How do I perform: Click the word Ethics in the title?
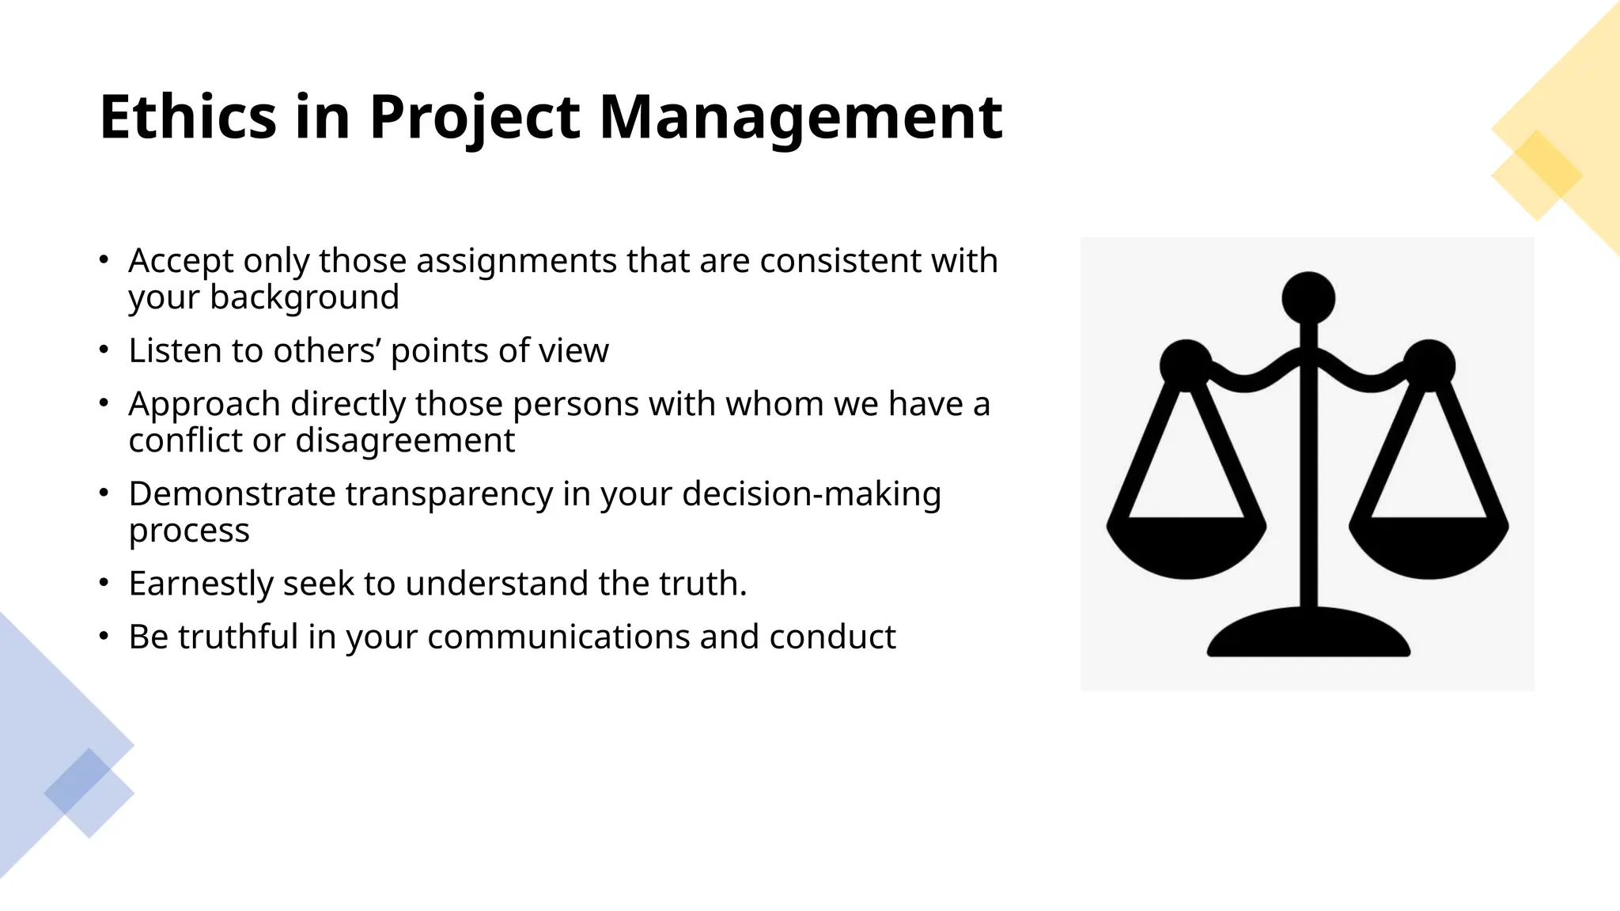(187, 117)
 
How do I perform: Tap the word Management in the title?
(801, 117)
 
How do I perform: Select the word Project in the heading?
(475, 117)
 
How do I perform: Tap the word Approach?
(204, 405)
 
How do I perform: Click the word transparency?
(449, 494)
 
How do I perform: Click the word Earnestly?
(201, 584)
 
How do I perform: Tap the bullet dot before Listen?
(104, 349)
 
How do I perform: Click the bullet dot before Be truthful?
(104, 635)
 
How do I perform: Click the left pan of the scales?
(1186, 546)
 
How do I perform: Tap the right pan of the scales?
(1429, 546)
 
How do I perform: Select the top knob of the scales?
(1308, 298)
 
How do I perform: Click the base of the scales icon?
(1308, 637)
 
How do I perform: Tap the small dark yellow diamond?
(1536, 164)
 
